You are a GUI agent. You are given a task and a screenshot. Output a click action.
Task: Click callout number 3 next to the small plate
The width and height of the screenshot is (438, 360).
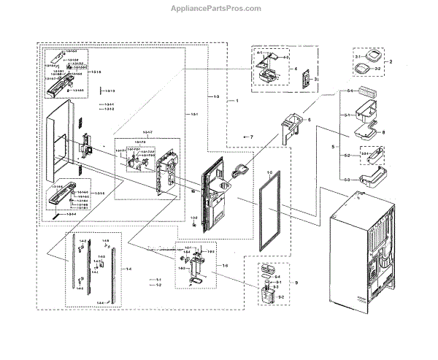click(318, 78)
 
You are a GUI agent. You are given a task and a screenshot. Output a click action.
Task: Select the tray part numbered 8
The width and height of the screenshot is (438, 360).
click(365, 131)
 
